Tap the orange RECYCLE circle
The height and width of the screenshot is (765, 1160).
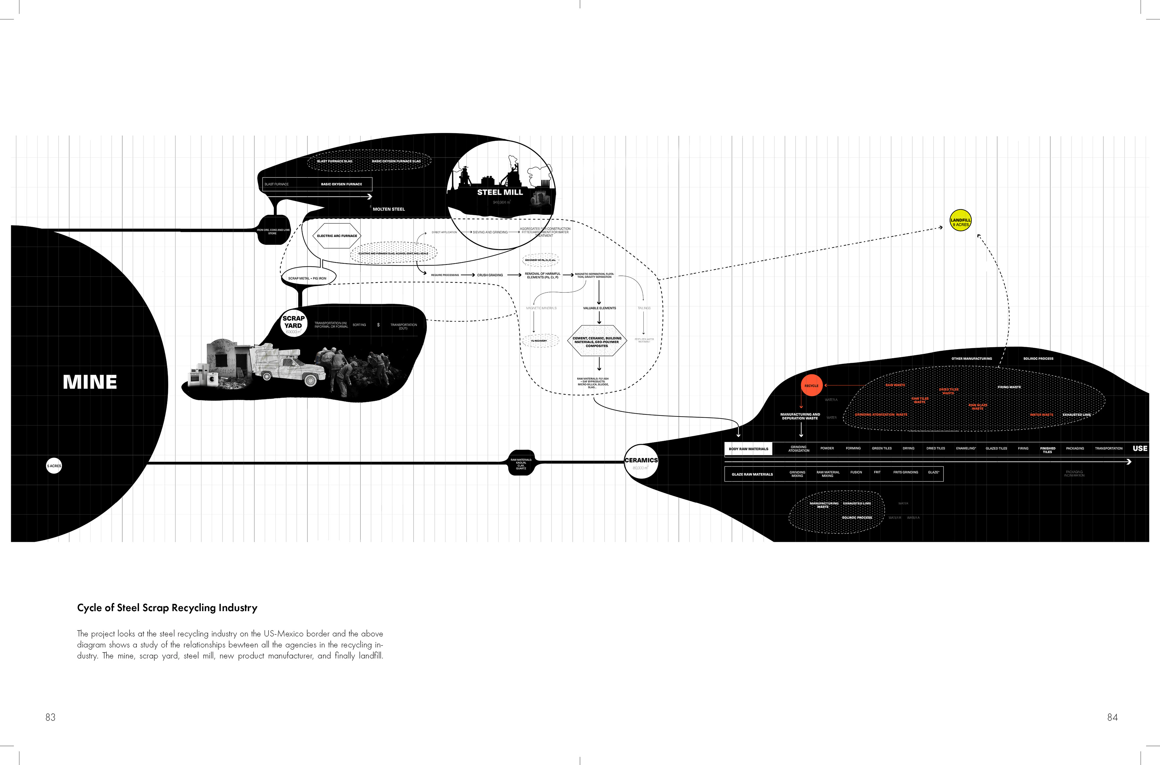pos(811,386)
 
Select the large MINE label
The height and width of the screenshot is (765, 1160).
pos(90,382)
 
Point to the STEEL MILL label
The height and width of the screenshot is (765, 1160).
pos(500,192)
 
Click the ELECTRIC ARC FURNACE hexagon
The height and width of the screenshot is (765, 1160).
pos(337,236)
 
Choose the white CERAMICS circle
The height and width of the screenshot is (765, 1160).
pos(641,461)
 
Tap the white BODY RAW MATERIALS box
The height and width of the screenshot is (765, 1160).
pos(748,449)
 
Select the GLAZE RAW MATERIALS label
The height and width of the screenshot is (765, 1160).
pos(752,474)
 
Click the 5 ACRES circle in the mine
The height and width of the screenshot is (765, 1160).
pos(54,466)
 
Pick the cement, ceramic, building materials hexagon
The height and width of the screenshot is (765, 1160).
pos(597,341)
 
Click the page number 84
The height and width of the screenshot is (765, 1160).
pos(1112,717)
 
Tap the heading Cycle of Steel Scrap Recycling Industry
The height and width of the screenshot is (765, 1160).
pos(167,608)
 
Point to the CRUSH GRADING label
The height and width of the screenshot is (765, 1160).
pos(490,275)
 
